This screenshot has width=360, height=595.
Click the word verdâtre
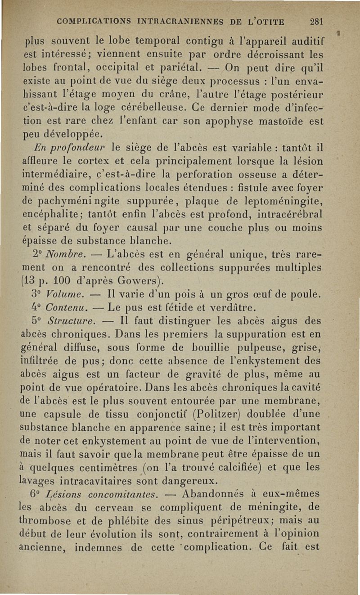pyautogui.click(x=233, y=309)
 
